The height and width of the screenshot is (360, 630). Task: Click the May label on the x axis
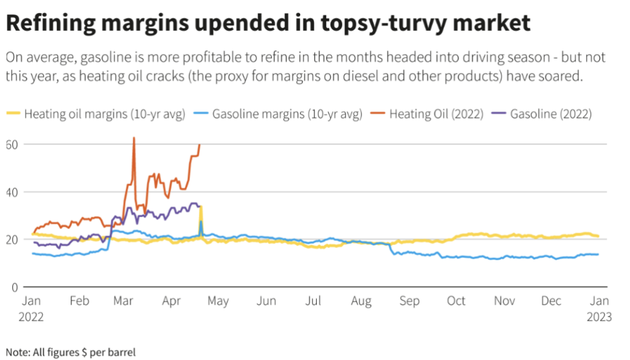[218, 301]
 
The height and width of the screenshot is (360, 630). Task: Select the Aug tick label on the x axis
[361, 301]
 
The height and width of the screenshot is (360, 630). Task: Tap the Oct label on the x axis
[456, 301]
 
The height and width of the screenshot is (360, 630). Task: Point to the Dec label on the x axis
[551, 301]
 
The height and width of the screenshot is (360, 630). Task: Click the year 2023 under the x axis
[599, 316]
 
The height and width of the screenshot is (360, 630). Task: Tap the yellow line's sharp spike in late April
[201, 207]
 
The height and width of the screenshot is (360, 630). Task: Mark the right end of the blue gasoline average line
[598, 254]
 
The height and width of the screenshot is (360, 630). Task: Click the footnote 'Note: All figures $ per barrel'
[70, 352]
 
